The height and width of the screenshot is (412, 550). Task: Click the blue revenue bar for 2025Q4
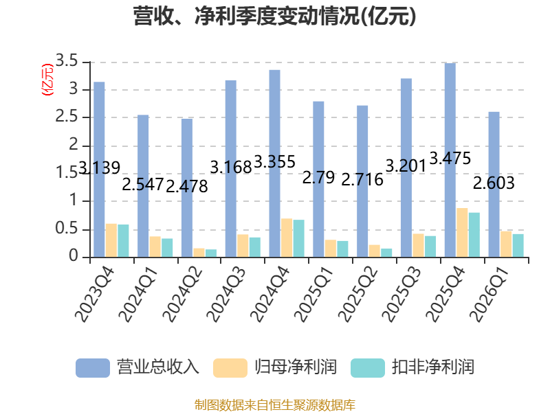pos(450,160)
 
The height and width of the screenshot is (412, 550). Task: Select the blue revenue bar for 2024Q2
pos(187,188)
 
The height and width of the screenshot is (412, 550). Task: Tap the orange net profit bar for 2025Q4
pos(462,233)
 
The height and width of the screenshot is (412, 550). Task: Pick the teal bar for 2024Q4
pos(298,238)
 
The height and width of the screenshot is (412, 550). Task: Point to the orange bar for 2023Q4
pos(111,240)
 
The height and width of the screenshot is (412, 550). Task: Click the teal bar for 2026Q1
pos(518,246)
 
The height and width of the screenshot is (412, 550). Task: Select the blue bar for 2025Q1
pos(318,179)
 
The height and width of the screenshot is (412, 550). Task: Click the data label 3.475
pos(450,159)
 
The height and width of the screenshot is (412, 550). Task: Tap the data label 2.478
pos(187,186)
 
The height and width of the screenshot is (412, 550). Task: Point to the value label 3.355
pos(274,162)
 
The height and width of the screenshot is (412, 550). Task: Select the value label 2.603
pos(494,183)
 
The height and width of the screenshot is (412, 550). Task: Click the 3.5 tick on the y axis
pos(66,61)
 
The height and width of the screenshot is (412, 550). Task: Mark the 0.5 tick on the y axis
pos(66,229)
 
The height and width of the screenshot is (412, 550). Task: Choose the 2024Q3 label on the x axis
pos(226,295)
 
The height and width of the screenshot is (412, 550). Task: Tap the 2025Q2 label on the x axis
pos(357,295)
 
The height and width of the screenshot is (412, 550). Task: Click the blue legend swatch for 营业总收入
pos(93,368)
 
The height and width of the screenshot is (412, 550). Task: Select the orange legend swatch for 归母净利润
pos(230,368)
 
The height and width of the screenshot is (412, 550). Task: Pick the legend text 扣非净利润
pos(433,367)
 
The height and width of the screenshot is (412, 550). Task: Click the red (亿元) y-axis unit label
pos(47,80)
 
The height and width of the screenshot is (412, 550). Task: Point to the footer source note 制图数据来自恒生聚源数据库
pos(275,405)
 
